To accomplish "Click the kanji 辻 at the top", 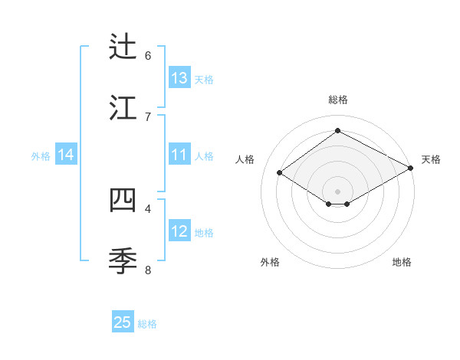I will tap(123, 47).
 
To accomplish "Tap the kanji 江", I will tap(123, 109).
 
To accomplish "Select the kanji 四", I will tap(123, 200).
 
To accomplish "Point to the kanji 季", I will tap(123, 261).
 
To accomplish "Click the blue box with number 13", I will tap(179, 78).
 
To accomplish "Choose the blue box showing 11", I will tap(179, 155).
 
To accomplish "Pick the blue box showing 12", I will tap(179, 231).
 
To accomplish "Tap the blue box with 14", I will tap(66, 155).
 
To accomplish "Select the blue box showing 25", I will tap(123, 322).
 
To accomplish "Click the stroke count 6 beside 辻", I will tap(148, 56).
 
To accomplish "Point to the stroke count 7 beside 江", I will tap(148, 117).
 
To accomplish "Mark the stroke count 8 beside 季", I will tap(148, 270).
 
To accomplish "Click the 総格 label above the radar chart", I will tap(338, 100).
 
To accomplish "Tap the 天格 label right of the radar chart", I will tap(431, 159).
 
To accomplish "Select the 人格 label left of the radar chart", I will tap(245, 159).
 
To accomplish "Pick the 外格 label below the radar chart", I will tap(270, 262).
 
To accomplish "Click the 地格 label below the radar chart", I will tap(402, 262).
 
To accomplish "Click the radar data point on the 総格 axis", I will tap(337, 131).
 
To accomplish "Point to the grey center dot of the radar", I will tap(337, 191).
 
